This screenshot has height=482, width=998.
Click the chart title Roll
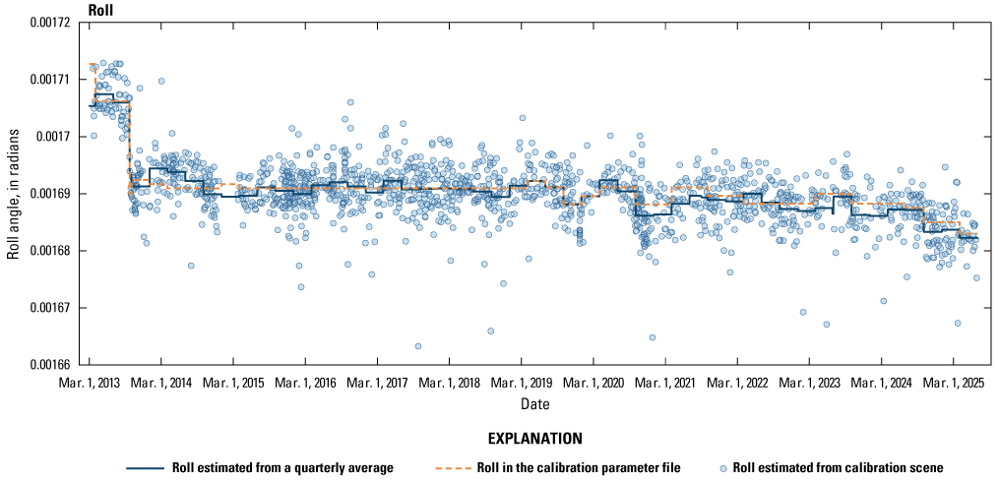[100, 10]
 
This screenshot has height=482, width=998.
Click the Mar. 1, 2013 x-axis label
[90, 382]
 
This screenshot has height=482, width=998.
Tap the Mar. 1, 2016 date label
[306, 382]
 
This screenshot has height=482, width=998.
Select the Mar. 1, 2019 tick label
[522, 382]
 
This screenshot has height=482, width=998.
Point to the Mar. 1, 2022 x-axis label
[738, 382]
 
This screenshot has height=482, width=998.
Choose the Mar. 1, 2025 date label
[954, 382]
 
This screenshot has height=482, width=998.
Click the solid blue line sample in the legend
[145, 467]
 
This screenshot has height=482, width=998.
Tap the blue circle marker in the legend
[725, 467]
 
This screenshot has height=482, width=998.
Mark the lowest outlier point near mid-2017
[418, 346]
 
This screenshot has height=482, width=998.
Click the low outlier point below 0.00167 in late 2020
[653, 337]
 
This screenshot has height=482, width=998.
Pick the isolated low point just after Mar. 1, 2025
[958, 323]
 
